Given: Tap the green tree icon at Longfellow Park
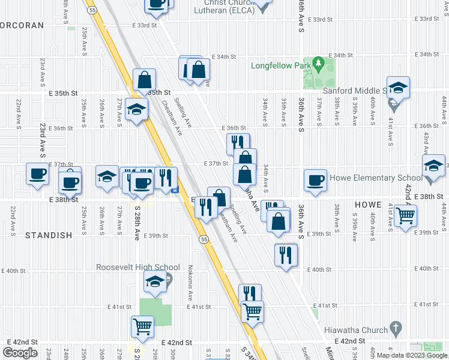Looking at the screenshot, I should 318,64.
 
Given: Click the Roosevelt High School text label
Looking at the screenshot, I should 138,268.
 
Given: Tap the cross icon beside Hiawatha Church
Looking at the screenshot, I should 395,329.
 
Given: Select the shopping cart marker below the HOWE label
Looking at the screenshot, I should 406,214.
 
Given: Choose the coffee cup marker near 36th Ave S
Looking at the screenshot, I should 315,180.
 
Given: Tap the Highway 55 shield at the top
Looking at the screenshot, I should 91,10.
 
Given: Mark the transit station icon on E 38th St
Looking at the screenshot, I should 175,191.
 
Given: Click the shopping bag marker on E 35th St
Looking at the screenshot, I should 145,79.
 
